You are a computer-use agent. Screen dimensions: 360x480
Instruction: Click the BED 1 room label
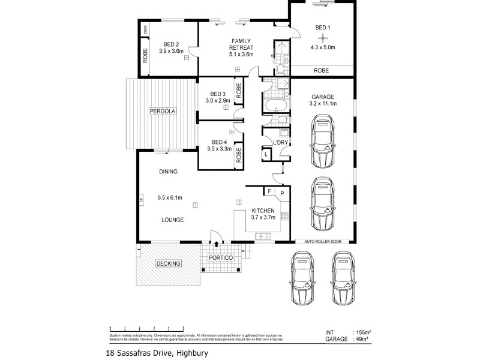[x=322, y=27]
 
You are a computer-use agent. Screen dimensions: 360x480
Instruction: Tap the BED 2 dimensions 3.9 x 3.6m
[x=172, y=51]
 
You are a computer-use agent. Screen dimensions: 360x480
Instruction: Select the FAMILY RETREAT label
[x=241, y=44]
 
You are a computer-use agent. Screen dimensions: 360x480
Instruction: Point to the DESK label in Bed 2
[x=145, y=28]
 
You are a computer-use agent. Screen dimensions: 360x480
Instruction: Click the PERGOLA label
[x=162, y=111]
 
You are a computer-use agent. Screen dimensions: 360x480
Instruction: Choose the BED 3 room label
[x=218, y=94]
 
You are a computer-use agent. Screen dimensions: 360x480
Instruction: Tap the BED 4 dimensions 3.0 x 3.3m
[x=220, y=149]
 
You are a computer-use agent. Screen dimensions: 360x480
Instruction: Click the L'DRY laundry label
[x=280, y=142]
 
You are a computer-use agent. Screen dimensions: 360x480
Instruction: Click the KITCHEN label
[x=263, y=211]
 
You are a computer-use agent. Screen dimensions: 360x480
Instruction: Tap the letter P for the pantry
[x=281, y=194]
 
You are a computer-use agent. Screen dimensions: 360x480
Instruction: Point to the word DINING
[x=168, y=172]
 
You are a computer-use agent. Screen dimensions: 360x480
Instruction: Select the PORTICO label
[x=220, y=258]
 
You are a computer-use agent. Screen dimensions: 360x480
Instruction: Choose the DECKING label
[x=168, y=263]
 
